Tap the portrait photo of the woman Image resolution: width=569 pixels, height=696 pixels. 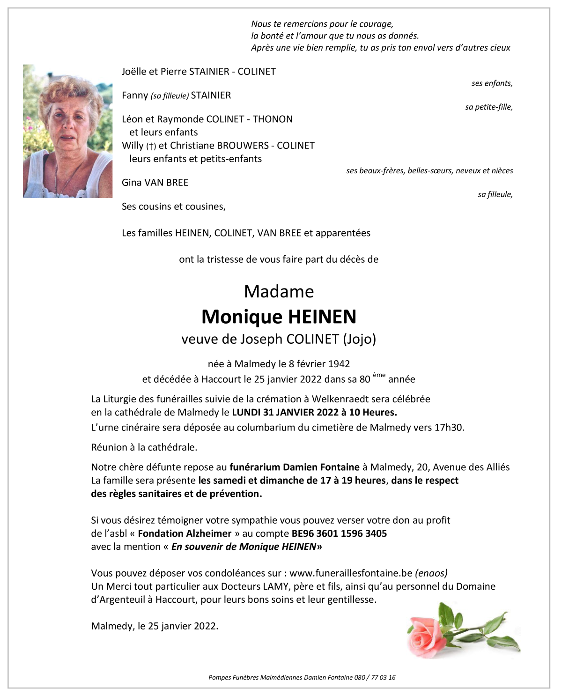click(67, 131)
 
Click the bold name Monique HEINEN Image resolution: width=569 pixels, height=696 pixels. click(279, 317)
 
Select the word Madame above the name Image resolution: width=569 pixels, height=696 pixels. click(279, 292)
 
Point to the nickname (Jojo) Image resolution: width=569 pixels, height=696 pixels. click(359, 339)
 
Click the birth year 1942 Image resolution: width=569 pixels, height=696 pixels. click(339, 364)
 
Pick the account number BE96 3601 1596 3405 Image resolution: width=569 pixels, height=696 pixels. click(339, 533)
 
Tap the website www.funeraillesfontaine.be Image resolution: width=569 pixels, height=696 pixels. click(351, 573)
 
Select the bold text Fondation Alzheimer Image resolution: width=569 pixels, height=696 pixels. click(185, 533)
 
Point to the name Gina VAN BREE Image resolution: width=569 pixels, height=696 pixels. click(155, 183)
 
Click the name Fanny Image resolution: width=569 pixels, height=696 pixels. click(135, 96)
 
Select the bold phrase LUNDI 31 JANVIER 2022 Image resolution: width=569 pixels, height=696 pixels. click(285, 413)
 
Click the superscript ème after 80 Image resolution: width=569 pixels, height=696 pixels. click(379, 375)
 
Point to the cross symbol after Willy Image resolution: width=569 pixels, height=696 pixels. click(151, 146)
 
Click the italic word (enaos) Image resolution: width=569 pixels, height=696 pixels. click(431, 573)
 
